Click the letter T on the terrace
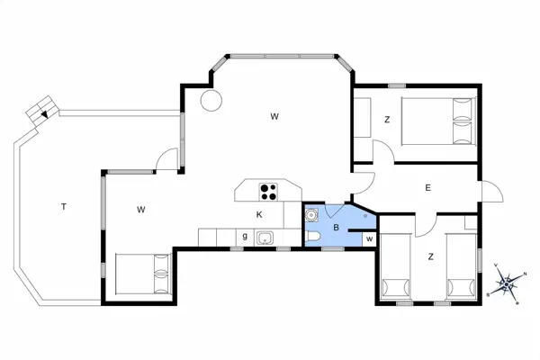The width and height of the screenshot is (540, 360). [x=63, y=207]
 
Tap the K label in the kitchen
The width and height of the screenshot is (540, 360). [x=258, y=214]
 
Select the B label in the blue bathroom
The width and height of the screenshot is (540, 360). [x=336, y=229]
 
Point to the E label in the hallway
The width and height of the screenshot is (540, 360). [x=428, y=187]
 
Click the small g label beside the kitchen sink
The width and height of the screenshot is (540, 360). [x=244, y=236]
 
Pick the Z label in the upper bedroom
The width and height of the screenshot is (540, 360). [x=386, y=120]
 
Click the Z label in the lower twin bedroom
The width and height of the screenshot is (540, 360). [x=431, y=257]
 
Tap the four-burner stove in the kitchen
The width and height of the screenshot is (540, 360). [x=268, y=191]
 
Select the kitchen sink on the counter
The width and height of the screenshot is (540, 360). [x=265, y=238]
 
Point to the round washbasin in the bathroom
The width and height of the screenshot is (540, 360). [x=311, y=216]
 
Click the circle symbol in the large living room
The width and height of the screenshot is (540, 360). [x=211, y=100]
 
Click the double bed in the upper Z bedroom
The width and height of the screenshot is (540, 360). [x=437, y=121]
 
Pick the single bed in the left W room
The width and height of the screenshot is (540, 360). [x=143, y=274]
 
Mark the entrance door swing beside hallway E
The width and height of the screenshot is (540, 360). [x=491, y=192]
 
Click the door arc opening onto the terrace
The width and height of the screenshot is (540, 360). [x=167, y=159]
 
